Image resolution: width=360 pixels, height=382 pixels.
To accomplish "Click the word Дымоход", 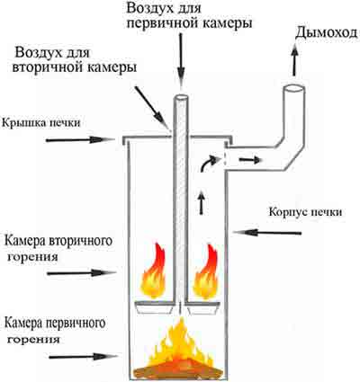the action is [x=327, y=33].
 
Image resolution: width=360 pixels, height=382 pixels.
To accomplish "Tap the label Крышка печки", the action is [x=41, y=122].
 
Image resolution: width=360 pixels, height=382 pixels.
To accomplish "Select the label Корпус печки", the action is [x=305, y=212].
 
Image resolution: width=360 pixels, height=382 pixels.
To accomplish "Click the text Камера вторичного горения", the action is [x=58, y=248].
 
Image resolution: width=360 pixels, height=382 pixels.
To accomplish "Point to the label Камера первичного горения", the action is [x=55, y=332].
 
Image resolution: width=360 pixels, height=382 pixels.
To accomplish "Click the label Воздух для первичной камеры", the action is [x=189, y=16].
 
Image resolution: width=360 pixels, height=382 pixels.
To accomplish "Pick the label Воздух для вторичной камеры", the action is [x=74, y=60].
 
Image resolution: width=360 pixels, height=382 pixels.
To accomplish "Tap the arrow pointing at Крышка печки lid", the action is [x=80, y=139].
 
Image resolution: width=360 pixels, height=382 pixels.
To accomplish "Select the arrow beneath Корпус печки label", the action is [x=267, y=232].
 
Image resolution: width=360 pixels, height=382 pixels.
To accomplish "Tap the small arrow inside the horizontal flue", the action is [x=249, y=160].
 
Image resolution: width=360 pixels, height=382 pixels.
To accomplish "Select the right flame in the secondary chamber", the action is [x=206, y=272].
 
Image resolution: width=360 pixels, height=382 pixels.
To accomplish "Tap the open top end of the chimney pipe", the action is [x=294, y=89].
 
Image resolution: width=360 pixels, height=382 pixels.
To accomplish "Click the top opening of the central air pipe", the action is [x=181, y=98].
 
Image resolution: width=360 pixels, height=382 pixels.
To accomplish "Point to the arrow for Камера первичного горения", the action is [x=83, y=357].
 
